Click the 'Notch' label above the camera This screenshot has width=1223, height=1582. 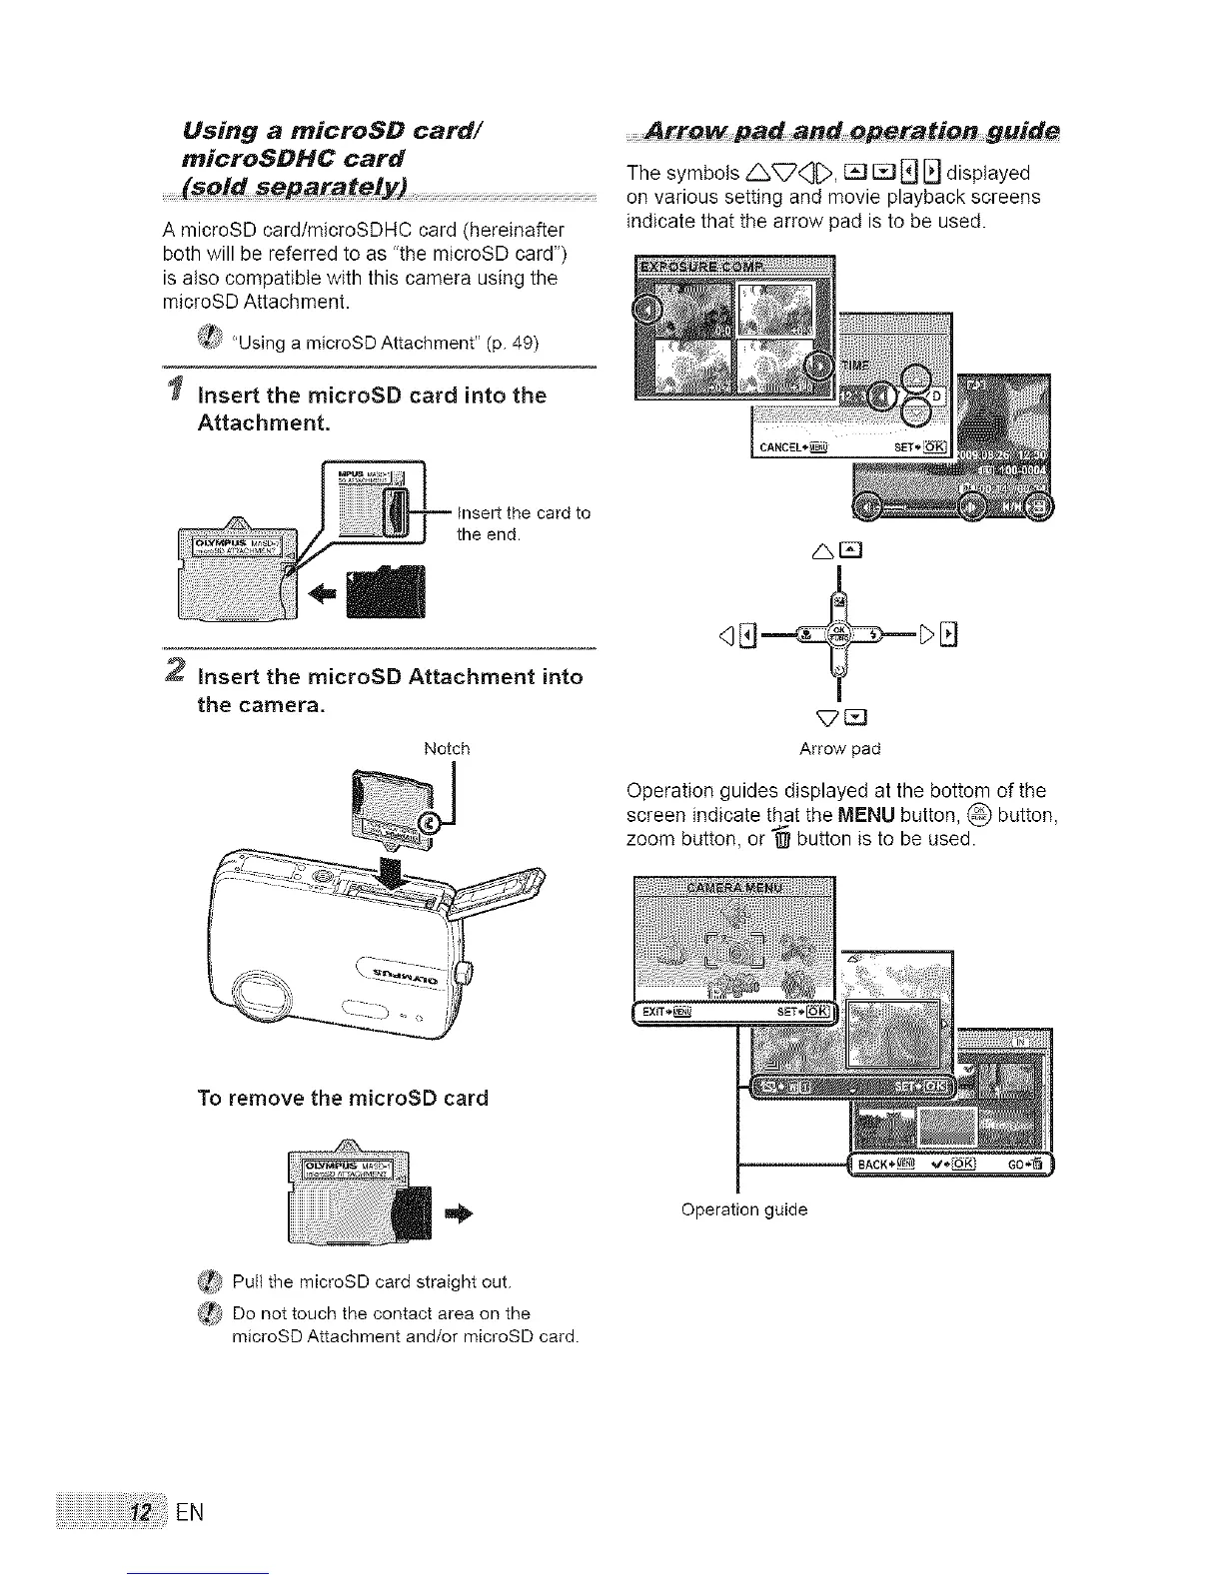pos(447,748)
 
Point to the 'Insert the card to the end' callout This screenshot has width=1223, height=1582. pos(523,523)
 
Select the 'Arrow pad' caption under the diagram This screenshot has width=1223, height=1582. pos(839,748)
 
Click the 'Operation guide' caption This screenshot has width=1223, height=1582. pos(743,1209)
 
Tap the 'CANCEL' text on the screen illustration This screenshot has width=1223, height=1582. pos(780,446)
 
